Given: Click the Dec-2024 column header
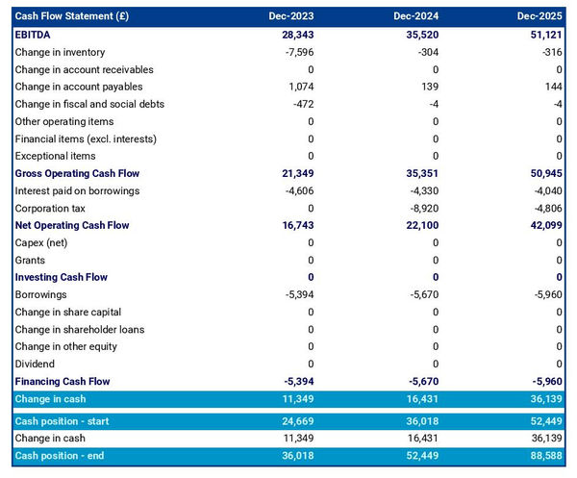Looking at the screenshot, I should tap(415, 16).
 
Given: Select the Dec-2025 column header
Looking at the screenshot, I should tap(539, 16).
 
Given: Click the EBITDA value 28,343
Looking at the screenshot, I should tap(295, 35).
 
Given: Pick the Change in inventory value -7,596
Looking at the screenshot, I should tap(297, 52).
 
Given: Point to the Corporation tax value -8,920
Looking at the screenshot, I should tap(420, 208).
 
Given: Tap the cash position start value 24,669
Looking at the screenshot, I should tap(295, 420).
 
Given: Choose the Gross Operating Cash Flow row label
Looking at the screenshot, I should tap(77, 173).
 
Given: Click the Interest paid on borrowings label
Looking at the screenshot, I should tap(77, 190).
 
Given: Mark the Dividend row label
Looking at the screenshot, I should tap(35, 364).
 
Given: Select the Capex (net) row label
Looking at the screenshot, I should tap(43, 242).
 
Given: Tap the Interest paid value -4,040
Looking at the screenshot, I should tap(545, 190).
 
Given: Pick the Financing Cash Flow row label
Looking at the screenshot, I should tap(63, 381).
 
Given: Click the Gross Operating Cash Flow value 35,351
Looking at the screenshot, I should tap(418, 173).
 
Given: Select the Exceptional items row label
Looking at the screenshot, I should tap(56, 156).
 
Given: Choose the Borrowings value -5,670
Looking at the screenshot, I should tap(420, 294).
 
